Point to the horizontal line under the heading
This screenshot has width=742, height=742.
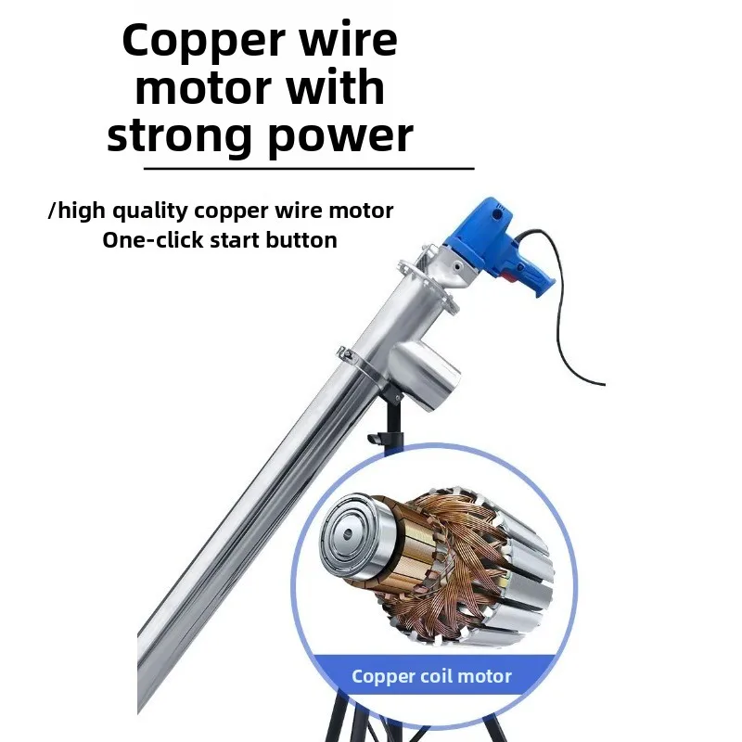309,168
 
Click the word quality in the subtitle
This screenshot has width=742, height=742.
150,211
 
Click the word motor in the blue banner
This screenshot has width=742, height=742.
485,677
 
